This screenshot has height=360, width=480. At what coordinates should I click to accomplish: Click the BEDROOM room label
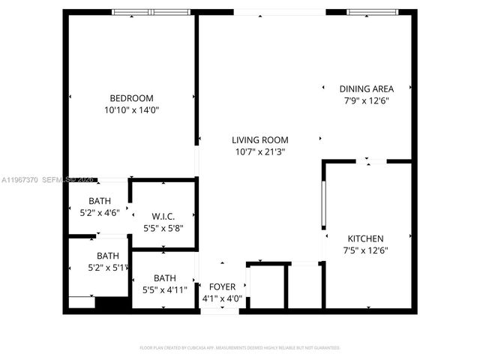[131, 98]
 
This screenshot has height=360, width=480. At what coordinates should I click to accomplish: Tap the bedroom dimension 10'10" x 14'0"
[131, 109]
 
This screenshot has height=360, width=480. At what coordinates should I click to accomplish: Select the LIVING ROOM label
[259, 140]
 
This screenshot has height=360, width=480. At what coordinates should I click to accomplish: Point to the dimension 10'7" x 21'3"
[259, 151]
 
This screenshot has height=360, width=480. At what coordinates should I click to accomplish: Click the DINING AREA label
[366, 88]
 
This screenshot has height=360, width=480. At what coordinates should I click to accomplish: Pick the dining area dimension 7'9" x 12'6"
[366, 100]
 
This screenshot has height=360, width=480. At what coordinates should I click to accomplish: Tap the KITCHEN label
[366, 238]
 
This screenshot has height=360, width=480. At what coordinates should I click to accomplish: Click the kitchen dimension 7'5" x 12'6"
[366, 250]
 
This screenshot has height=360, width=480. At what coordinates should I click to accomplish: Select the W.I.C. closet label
[163, 217]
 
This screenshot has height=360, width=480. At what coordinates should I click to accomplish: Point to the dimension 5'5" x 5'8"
[163, 228]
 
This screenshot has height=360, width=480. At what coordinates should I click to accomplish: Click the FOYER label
[222, 286]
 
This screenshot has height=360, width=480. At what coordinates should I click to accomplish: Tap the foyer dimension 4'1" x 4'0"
[222, 298]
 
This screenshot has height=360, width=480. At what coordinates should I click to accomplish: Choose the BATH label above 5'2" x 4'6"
[99, 200]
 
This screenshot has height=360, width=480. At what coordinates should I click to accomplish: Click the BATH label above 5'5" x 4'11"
[164, 277]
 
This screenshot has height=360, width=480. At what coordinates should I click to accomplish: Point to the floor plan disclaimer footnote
[240, 348]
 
